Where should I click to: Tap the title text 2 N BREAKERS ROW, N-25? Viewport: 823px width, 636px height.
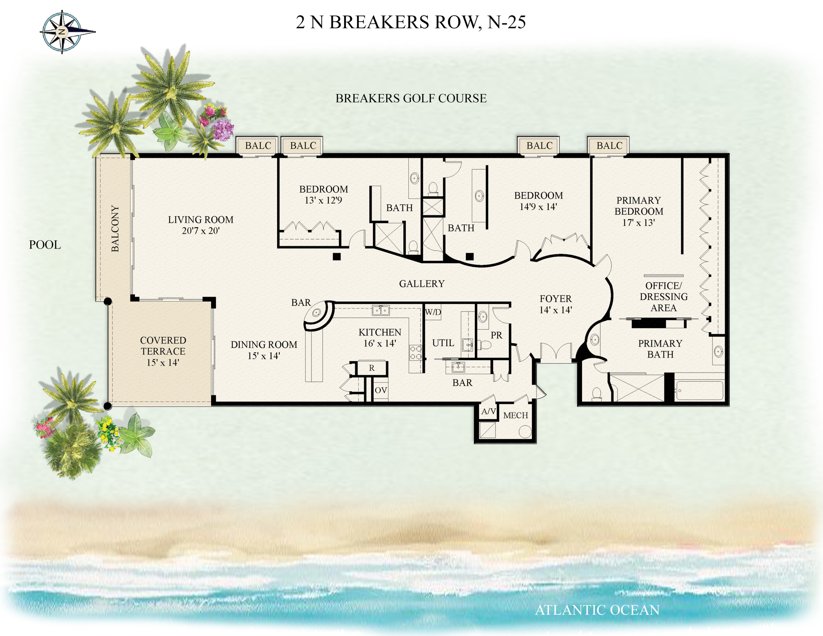[410, 22]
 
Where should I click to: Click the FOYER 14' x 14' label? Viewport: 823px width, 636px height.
[556, 304]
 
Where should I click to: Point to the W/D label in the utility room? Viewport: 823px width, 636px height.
[433, 312]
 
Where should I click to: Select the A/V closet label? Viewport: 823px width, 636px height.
[488, 412]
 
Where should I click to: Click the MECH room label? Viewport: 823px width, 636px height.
[515, 415]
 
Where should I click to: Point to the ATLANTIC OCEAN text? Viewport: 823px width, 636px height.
[597, 610]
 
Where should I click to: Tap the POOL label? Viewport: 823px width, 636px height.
[45, 245]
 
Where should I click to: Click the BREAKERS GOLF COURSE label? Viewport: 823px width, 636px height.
[411, 98]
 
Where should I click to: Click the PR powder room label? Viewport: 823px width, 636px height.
[496, 335]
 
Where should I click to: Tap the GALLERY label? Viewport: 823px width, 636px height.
[422, 284]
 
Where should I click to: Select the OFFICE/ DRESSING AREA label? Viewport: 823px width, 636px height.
[663, 297]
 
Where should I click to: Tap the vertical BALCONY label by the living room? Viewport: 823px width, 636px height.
[115, 229]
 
